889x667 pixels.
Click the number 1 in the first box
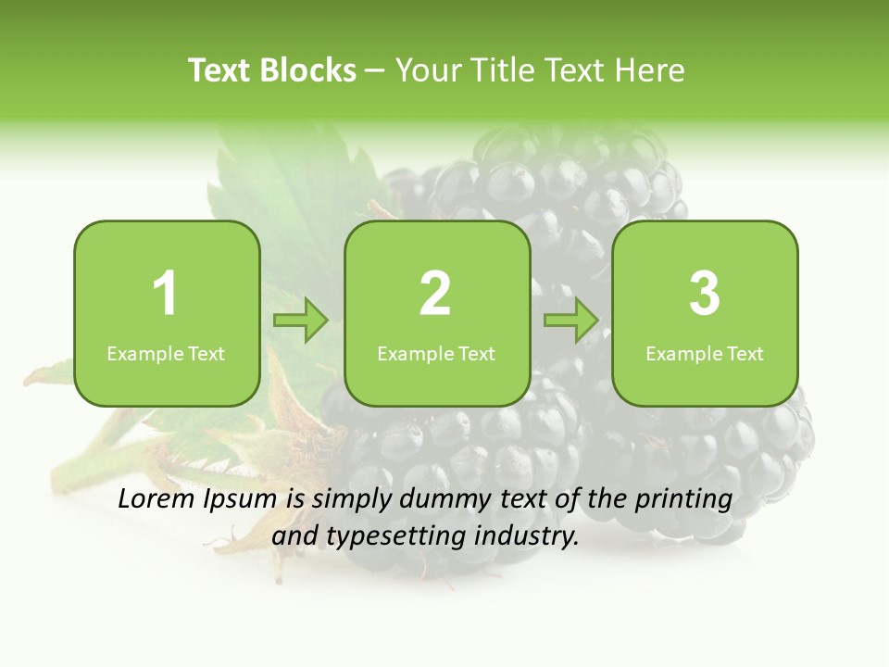[x=165, y=294]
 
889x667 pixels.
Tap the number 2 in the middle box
[x=435, y=294]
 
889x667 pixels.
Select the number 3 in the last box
[x=705, y=294]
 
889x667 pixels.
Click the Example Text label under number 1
[x=166, y=353]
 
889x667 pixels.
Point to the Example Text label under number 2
[x=436, y=353]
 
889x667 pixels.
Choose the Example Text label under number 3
[x=705, y=353]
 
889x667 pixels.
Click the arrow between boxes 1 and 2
[x=301, y=321]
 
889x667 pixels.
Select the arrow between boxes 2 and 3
[x=571, y=321]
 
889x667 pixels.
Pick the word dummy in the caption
[x=438, y=500]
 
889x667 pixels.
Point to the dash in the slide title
[x=375, y=71]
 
